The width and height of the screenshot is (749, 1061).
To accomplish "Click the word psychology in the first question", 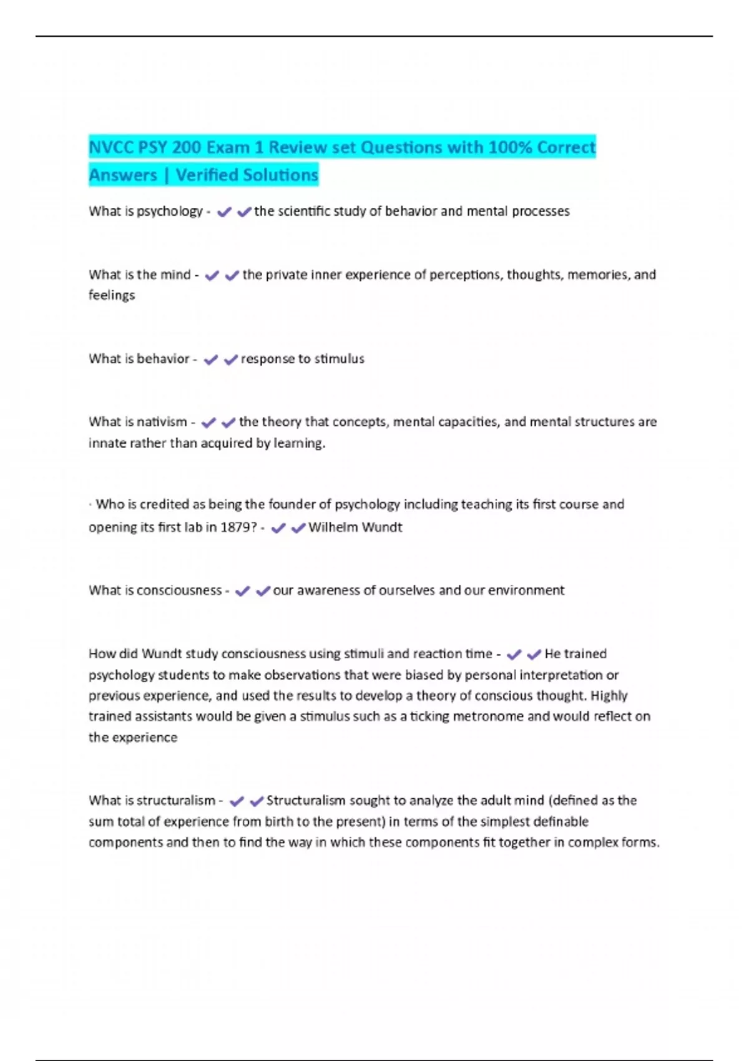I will click(x=169, y=212).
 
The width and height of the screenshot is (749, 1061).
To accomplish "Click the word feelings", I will click(x=112, y=295).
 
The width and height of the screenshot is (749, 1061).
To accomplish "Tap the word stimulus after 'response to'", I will click(x=339, y=359).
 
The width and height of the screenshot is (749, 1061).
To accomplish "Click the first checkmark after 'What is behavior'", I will click(x=211, y=359).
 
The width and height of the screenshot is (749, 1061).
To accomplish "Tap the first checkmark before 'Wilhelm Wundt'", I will click(x=278, y=528).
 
